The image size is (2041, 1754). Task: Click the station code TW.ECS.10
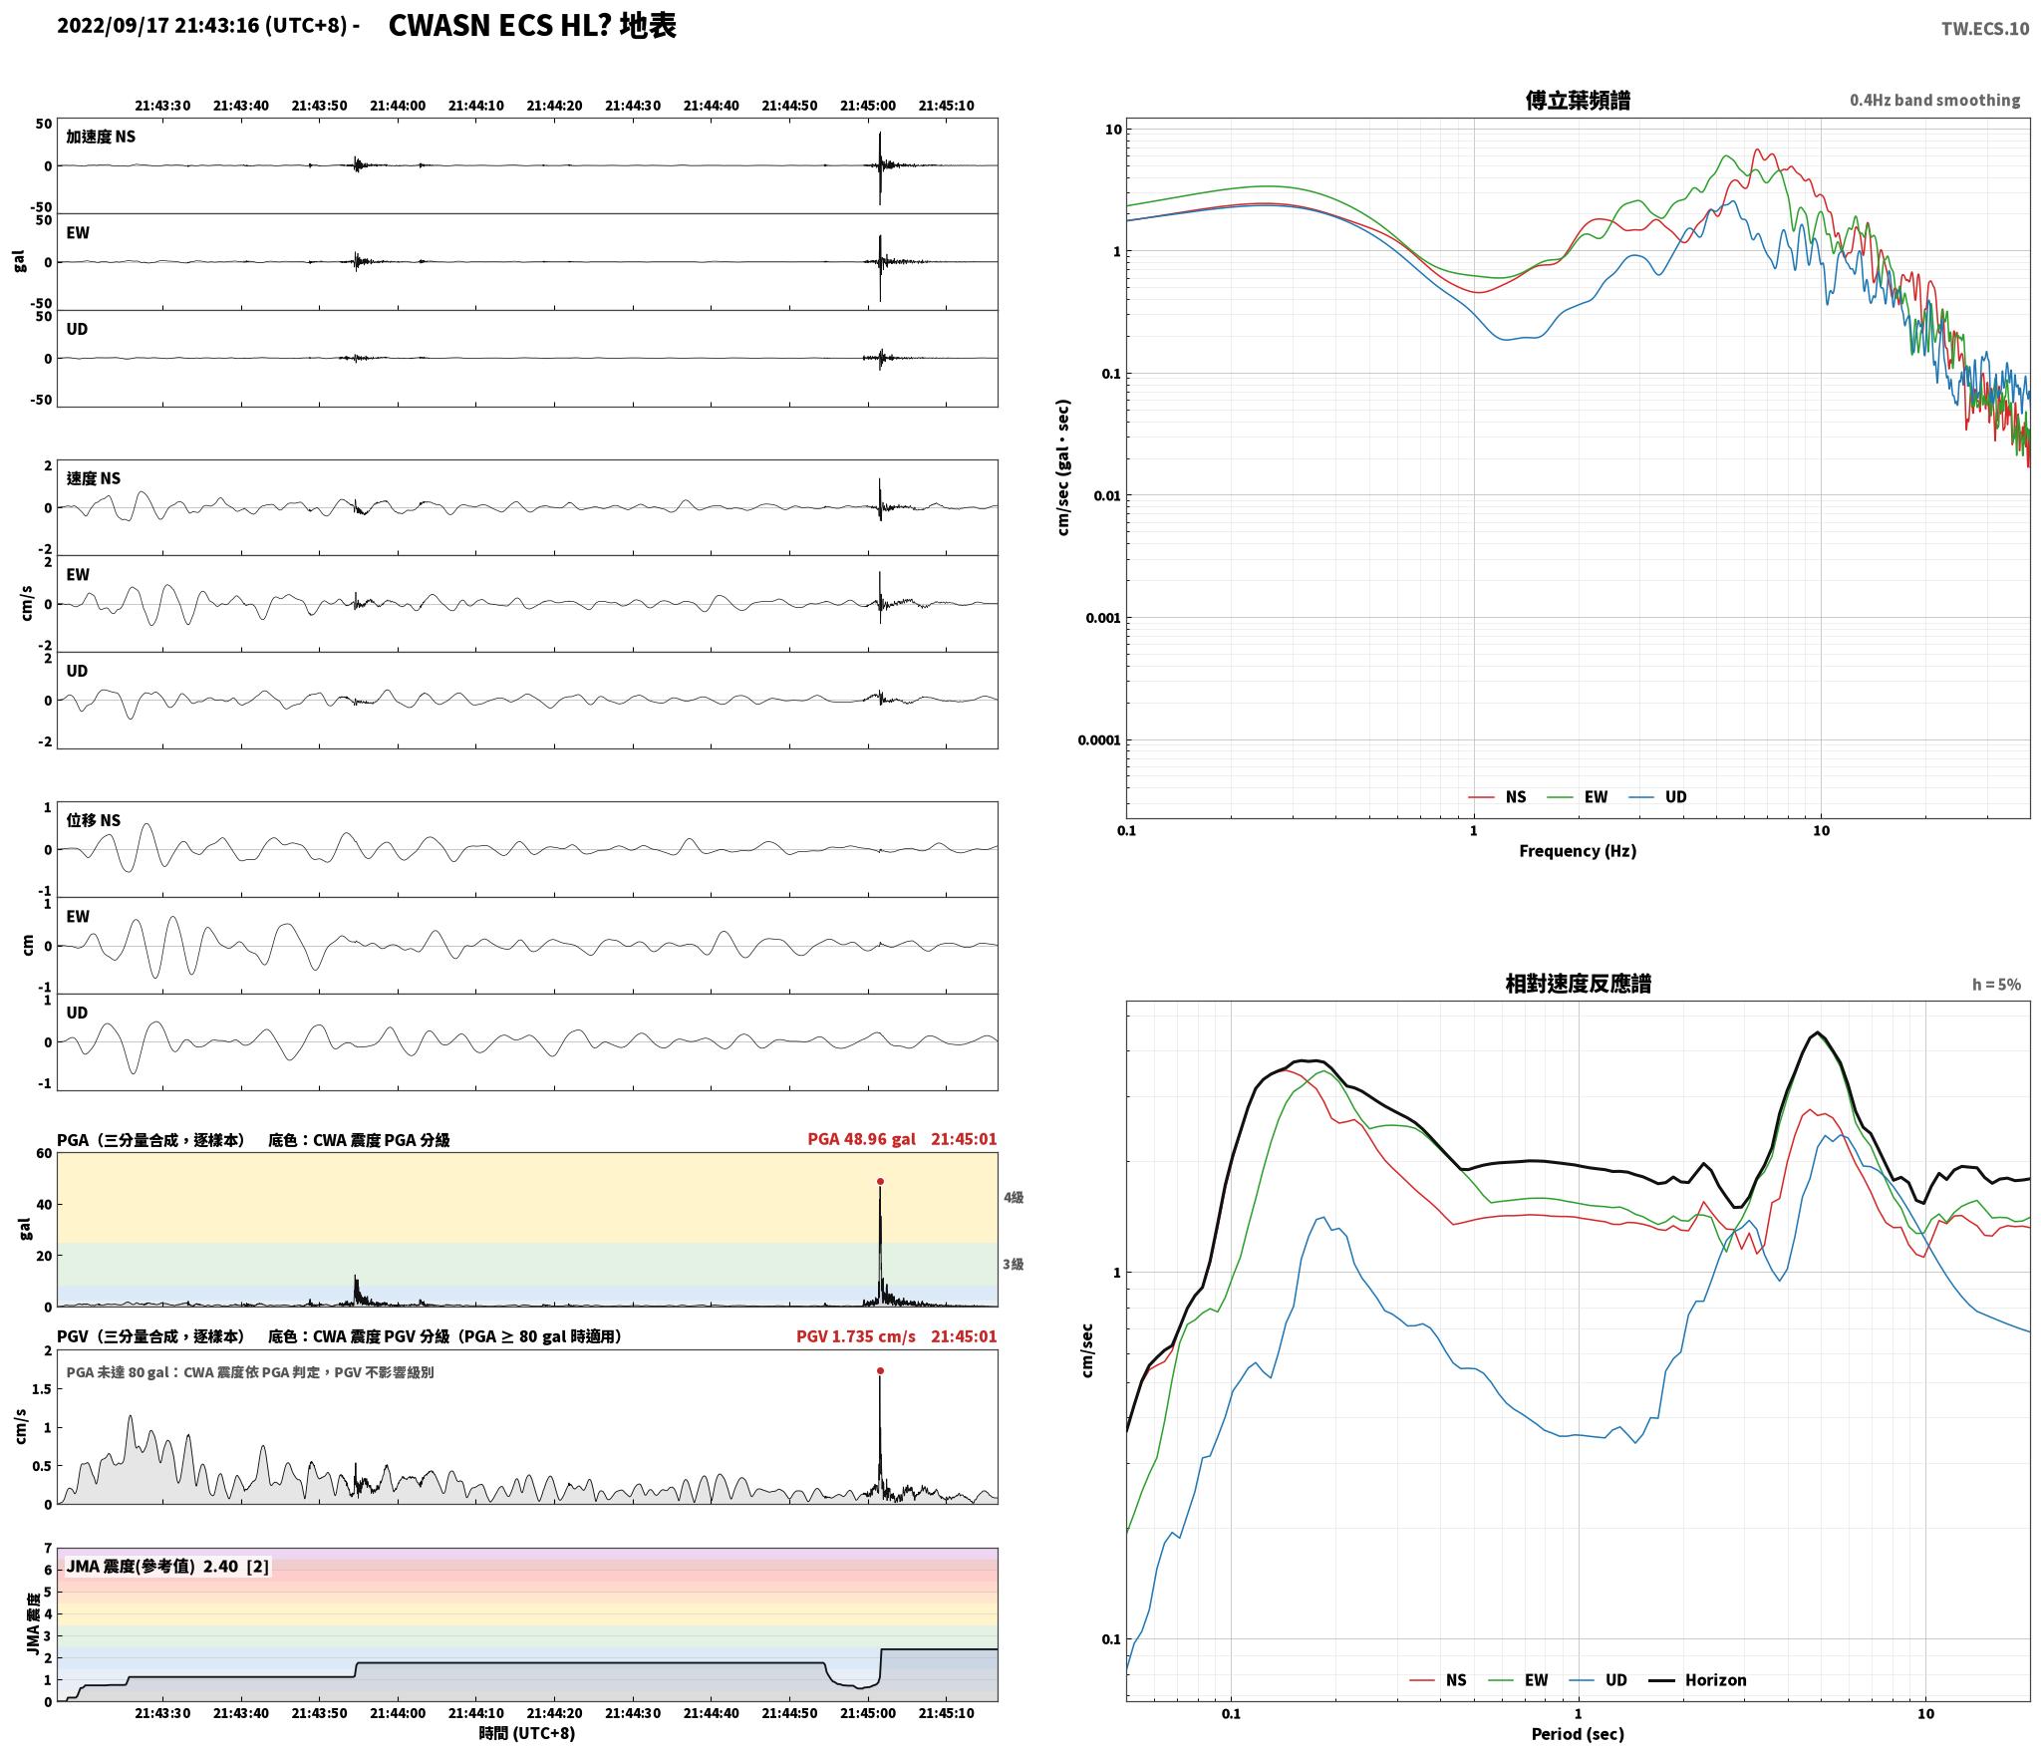coord(1984,29)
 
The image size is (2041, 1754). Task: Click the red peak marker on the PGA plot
coord(880,1181)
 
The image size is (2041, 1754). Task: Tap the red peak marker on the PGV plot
coord(880,1370)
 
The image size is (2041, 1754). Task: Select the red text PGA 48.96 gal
coord(861,1139)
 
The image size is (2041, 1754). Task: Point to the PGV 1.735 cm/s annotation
coord(855,1336)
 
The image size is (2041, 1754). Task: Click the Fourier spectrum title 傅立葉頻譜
coord(1578,101)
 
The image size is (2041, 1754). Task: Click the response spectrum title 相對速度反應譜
coord(1578,984)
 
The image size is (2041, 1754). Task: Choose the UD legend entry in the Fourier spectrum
coord(1658,797)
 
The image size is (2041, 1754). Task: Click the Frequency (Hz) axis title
coord(1578,851)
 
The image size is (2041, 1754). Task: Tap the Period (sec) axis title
coord(1578,1734)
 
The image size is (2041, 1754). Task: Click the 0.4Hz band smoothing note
coord(1934,101)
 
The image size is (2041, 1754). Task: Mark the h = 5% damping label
coord(1996,985)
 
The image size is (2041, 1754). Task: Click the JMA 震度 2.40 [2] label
coord(167,1567)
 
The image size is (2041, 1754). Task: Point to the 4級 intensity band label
coord(1014,1197)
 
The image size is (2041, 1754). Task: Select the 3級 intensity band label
coord(1014,1264)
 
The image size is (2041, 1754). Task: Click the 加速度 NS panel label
coord(101,137)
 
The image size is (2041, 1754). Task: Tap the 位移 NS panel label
coord(94,820)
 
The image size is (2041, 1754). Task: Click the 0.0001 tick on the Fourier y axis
coord(1099,739)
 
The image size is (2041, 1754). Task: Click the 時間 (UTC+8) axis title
coord(527,1733)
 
